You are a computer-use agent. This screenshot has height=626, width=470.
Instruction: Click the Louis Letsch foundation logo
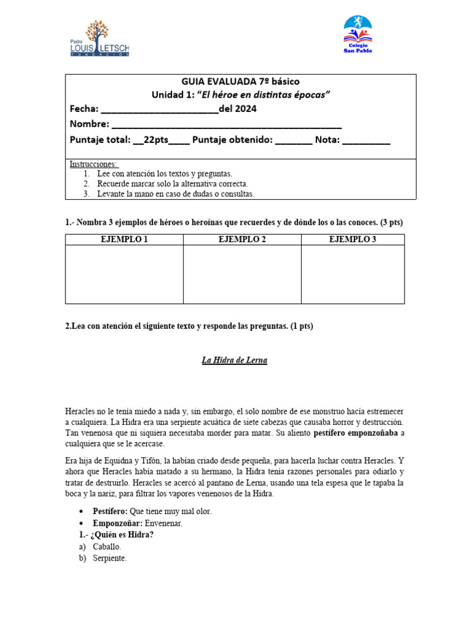(x=100, y=38)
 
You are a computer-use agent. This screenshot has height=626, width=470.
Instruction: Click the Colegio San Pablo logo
(x=358, y=35)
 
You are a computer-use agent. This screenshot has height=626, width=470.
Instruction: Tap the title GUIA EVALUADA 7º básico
(x=240, y=81)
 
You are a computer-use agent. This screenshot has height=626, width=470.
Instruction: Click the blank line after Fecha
(x=159, y=109)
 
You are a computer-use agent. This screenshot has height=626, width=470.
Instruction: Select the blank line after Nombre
(x=226, y=125)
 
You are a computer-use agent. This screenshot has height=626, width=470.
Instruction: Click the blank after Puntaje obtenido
(x=293, y=140)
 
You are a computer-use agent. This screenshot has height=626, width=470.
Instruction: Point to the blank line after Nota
(x=366, y=140)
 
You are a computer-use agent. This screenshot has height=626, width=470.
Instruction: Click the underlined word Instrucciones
(x=94, y=164)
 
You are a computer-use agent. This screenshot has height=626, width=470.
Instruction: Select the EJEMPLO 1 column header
(x=124, y=239)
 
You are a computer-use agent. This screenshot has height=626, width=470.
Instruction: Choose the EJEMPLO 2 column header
(x=242, y=239)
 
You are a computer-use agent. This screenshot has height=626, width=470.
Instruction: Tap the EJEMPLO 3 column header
(x=352, y=239)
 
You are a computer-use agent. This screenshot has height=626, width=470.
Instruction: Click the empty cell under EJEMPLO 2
(x=242, y=274)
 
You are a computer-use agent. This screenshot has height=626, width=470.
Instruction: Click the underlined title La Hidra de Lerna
(x=234, y=360)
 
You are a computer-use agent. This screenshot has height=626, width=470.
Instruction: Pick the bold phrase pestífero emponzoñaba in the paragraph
(x=356, y=433)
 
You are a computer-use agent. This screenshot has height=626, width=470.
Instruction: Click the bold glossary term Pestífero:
(x=110, y=511)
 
